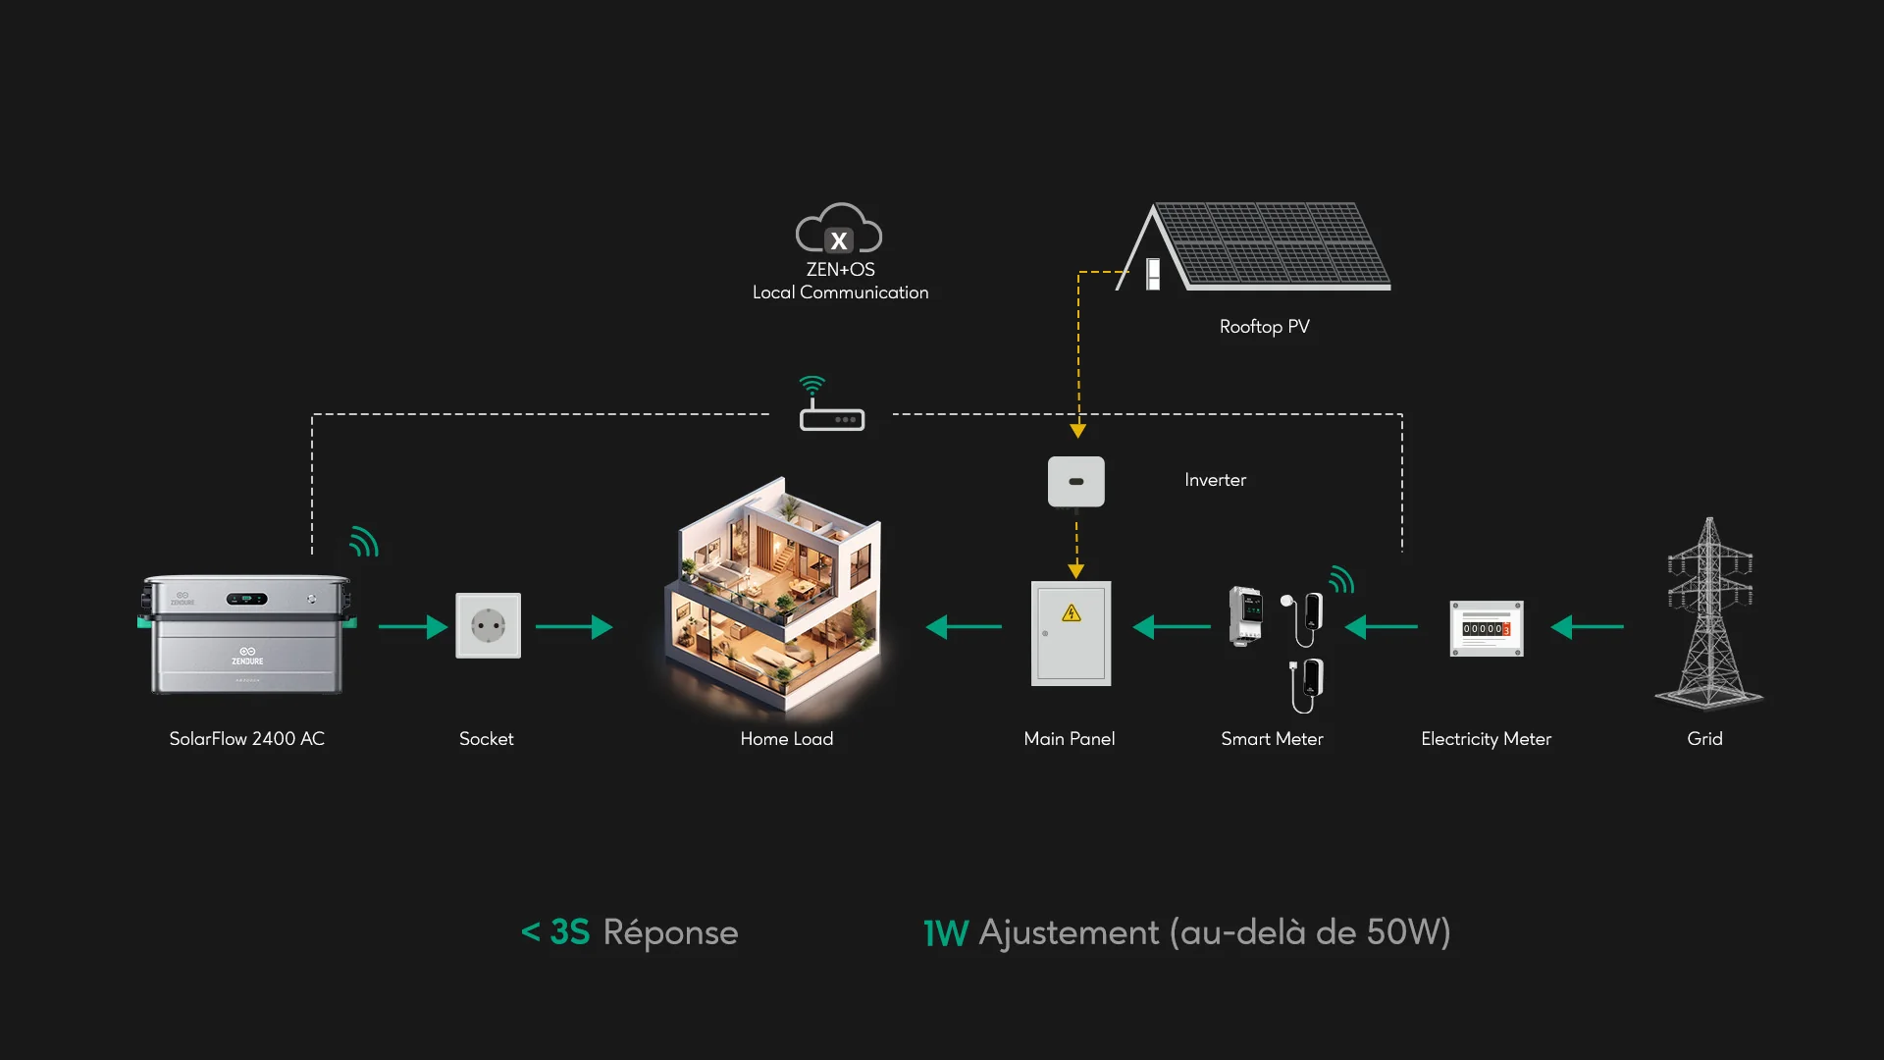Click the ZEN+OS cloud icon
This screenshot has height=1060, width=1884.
click(x=838, y=229)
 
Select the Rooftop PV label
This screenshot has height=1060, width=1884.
click(x=1264, y=327)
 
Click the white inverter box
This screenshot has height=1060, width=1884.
click(x=1075, y=481)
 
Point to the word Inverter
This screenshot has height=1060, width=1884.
click(x=1215, y=480)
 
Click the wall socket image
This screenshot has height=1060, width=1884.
click(x=488, y=625)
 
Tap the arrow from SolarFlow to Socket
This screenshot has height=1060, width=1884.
click(x=412, y=626)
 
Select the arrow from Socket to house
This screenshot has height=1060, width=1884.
click(x=574, y=626)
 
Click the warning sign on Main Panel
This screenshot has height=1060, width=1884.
click(x=1072, y=613)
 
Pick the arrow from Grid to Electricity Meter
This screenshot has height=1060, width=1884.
click(x=1587, y=626)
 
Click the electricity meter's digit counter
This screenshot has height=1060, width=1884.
click(x=1486, y=628)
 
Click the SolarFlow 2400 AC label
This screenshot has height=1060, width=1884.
click(x=246, y=739)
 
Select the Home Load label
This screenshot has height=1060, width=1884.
click(x=786, y=739)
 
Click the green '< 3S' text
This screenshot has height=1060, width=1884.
click(x=555, y=931)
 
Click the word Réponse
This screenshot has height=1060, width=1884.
click(x=670, y=932)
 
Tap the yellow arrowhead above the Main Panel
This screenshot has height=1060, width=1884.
click(x=1076, y=570)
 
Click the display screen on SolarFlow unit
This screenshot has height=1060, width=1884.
click(x=246, y=599)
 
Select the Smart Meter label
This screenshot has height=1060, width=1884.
click(x=1272, y=739)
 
